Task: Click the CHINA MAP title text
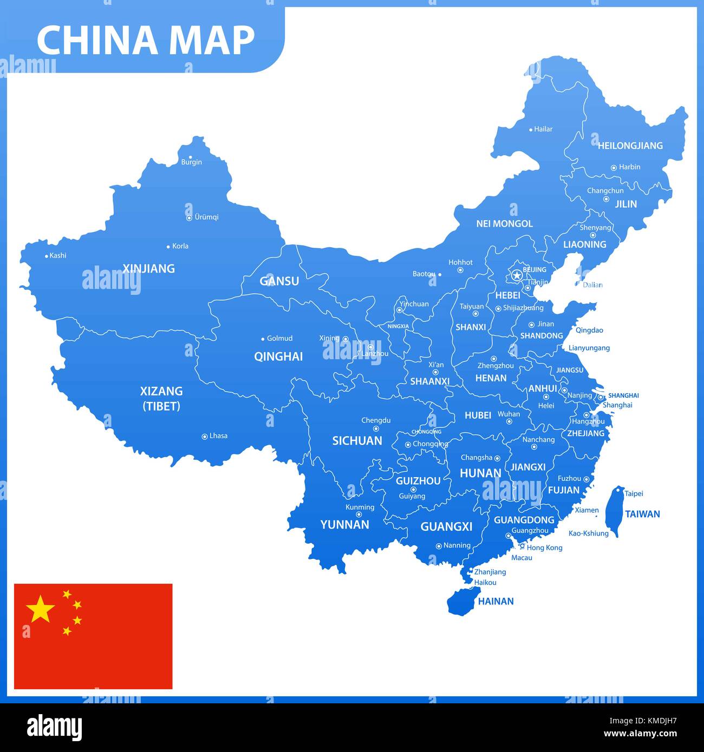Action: point(145,39)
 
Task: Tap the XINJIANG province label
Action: point(148,268)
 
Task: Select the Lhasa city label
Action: point(218,436)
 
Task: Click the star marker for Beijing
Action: point(517,275)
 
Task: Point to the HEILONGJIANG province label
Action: point(630,146)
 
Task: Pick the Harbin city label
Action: point(629,167)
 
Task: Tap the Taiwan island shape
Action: point(615,509)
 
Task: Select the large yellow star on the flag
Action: point(41,609)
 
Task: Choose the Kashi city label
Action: point(57,255)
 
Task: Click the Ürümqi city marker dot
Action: point(189,218)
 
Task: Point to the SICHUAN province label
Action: point(357,441)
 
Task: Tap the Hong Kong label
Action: point(544,547)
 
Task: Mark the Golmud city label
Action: point(279,338)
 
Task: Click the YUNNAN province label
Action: point(344,524)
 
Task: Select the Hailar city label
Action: point(543,129)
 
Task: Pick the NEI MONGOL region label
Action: point(504,223)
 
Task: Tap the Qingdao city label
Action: point(589,330)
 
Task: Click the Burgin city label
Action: point(191,162)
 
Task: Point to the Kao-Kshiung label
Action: point(588,533)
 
